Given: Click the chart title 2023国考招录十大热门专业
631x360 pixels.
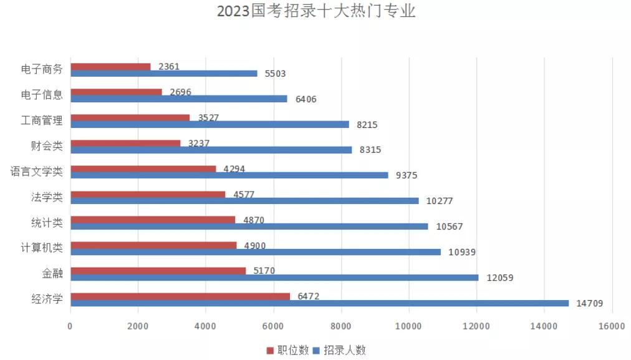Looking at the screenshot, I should tap(315, 12).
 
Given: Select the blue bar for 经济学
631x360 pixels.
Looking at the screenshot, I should tap(319, 303).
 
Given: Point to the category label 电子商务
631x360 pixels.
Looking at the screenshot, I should tap(42, 69).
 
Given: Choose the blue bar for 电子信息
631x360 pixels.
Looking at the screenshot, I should tap(178, 99).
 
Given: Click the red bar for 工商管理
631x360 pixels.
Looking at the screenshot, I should tap(130, 117).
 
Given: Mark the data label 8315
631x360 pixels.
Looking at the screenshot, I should tap(370, 150).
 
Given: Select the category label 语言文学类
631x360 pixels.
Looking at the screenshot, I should tap(37, 172).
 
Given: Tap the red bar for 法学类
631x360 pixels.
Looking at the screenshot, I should tap(148, 194).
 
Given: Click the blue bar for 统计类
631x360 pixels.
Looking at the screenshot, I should tap(249, 226).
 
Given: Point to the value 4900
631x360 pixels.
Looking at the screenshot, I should tap(254, 246).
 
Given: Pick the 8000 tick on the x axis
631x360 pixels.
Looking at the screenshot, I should tap(341, 326).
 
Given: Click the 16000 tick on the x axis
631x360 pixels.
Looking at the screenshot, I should tap(612, 326).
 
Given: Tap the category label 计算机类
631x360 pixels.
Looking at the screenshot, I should tap(42, 248).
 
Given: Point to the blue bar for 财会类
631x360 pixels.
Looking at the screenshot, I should tap(211, 150).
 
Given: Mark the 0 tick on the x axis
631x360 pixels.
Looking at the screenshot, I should tap(70, 326).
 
